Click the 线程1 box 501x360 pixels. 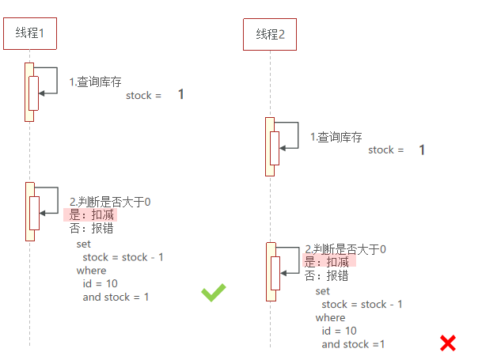tap(30, 33)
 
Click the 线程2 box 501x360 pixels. tap(270, 35)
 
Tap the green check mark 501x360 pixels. tap(213, 293)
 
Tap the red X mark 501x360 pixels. tap(448, 343)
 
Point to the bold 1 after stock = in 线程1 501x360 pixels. tap(180, 95)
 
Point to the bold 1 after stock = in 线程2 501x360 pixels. tap(422, 150)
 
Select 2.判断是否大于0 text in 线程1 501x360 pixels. tap(111, 202)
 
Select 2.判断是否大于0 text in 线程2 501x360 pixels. tap(346, 248)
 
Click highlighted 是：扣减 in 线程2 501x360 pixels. tap(327, 262)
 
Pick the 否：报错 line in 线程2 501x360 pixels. tap(327, 275)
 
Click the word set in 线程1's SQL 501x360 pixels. tap(84, 244)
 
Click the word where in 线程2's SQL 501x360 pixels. tap(330, 317)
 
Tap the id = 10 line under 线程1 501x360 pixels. tap(101, 283)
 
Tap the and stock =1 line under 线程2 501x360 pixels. tap(353, 344)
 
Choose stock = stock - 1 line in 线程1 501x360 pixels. tap(123, 257)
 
